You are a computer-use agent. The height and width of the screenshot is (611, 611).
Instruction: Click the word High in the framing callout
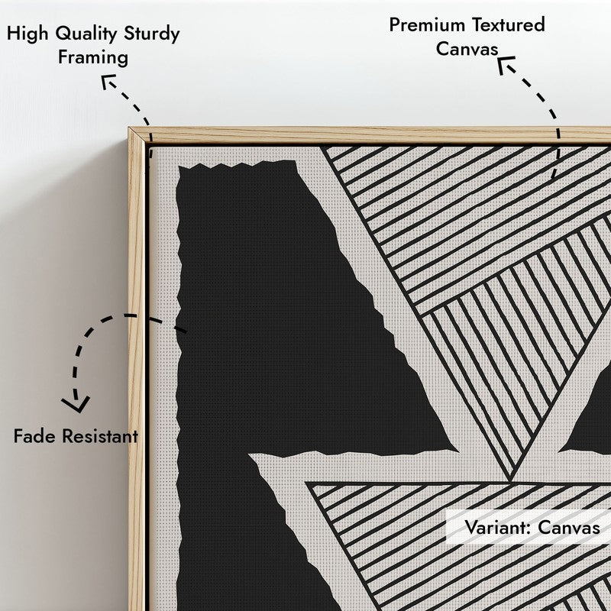point(27,34)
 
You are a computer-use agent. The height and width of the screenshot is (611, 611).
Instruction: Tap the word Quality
point(86,34)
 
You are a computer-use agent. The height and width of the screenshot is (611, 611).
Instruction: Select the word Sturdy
point(152,34)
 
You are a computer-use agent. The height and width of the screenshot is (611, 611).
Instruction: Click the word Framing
point(93,58)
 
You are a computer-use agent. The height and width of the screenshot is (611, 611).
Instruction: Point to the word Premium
point(427,25)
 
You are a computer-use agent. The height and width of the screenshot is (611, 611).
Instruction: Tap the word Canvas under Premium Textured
point(467,50)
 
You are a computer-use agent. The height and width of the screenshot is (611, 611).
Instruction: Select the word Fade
point(34,436)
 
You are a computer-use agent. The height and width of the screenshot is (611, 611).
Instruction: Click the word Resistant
point(100,436)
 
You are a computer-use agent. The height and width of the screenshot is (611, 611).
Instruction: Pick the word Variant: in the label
point(498,528)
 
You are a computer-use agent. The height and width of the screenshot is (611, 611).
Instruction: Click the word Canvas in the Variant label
point(569,528)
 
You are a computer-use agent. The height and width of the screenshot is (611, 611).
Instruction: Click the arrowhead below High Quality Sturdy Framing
point(108,81)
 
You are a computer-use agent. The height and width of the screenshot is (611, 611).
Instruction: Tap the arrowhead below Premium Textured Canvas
point(506,64)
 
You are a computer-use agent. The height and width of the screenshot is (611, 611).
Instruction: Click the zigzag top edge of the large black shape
point(237,165)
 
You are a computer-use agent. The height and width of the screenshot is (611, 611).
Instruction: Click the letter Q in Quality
point(63,34)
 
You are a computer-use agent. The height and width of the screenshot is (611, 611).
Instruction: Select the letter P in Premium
point(395,25)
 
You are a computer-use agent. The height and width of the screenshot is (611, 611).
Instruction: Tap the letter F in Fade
point(18,436)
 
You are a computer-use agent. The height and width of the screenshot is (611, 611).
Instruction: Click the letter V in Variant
point(472,528)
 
